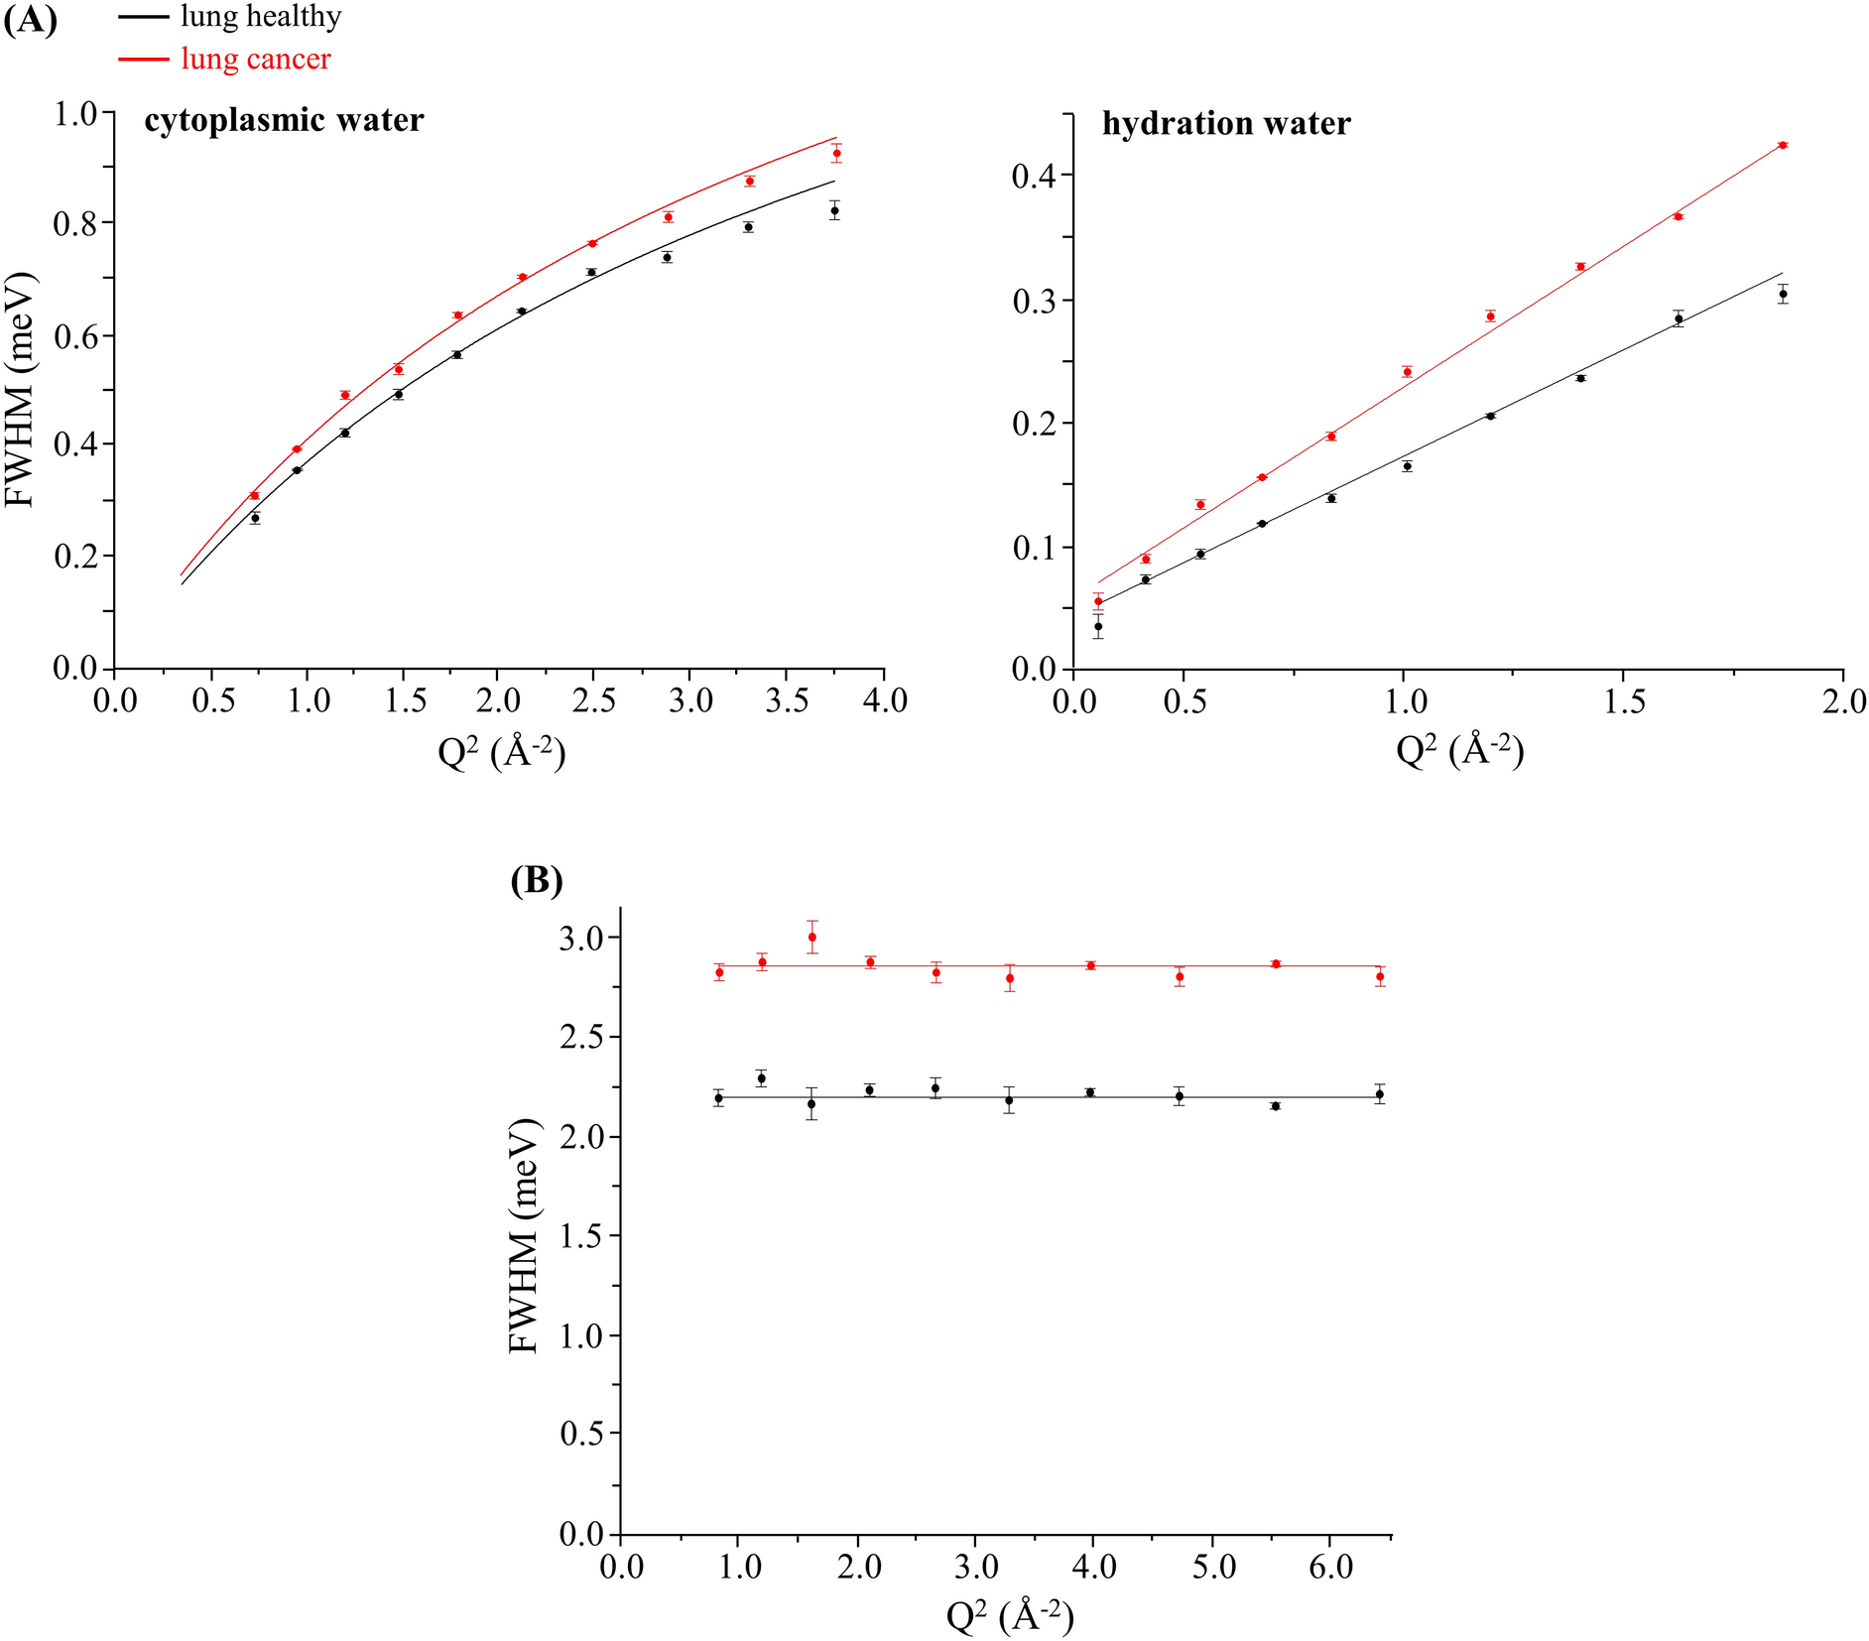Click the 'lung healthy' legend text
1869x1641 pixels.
(260, 17)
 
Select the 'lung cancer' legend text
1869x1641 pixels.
(255, 60)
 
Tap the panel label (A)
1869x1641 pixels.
(30, 20)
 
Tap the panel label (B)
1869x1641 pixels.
(536, 880)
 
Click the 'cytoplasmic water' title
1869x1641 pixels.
(284, 120)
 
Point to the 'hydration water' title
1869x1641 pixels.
(1226, 124)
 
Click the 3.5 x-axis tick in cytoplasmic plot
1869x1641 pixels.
(787, 701)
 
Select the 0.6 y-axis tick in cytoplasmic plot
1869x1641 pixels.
(76, 335)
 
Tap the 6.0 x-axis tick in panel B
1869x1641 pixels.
(1329, 1568)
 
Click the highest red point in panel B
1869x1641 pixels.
(812, 937)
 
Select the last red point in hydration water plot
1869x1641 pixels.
(1783, 145)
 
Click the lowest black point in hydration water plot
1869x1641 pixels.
(1098, 626)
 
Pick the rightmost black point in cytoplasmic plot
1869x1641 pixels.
(835, 210)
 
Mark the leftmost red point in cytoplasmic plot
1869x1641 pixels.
(254, 495)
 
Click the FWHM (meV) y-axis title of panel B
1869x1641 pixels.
(523, 1235)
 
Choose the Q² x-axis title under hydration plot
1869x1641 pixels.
(1458, 751)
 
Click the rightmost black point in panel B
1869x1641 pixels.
(1379, 1094)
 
